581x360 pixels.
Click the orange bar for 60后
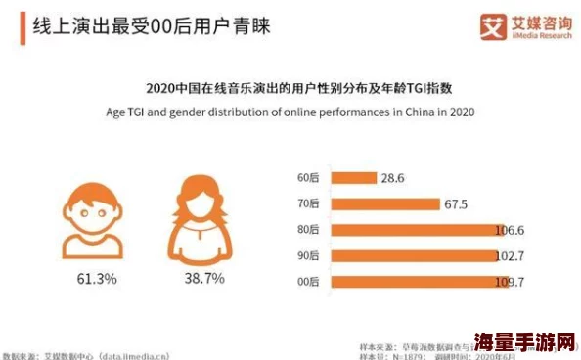(x=353, y=178)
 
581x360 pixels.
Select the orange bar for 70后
(x=384, y=203)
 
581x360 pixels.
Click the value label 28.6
(x=393, y=178)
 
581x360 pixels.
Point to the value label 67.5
(x=456, y=203)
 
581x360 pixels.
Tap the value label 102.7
(x=510, y=256)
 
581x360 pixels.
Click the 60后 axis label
(x=308, y=178)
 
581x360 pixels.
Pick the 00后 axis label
(x=308, y=282)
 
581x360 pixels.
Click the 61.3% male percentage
(x=97, y=279)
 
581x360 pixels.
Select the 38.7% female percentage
(x=204, y=279)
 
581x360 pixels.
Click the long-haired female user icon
(x=203, y=217)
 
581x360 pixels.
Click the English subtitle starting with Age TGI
(x=290, y=112)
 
